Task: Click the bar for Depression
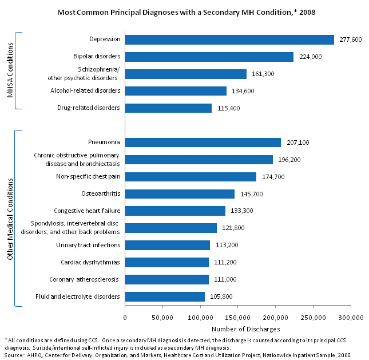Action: (x=229, y=39)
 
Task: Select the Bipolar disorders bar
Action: (x=209, y=57)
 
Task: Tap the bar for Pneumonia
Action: (x=203, y=143)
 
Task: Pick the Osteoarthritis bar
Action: (x=180, y=194)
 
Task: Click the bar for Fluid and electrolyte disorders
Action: (x=165, y=296)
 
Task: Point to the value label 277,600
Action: (x=350, y=39)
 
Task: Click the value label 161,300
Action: (x=263, y=74)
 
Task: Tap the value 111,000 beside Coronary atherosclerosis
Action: (x=225, y=279)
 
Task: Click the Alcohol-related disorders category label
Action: (x=85, y=90)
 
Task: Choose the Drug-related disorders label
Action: (x=89, y=108)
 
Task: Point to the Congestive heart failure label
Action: (x=87, y=211)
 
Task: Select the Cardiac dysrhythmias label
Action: (x=90, y=262)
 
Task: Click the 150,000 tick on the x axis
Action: (x=237, y=317)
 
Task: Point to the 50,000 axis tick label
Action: (x=162, y=317)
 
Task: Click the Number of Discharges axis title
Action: (x=237, y=329)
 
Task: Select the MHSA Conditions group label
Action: (x=10, y=70)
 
